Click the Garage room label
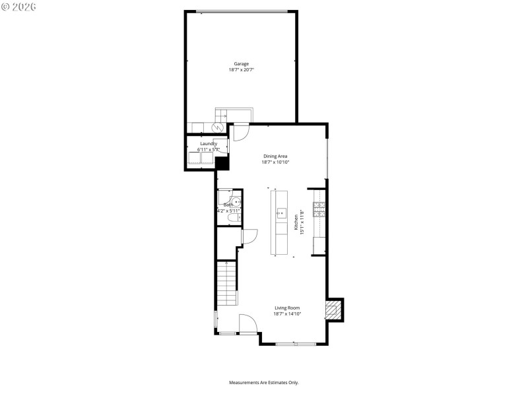click(241, 63)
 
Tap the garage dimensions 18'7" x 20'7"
click(241, 69)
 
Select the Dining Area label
click(275, 156)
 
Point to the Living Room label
click(287, 308)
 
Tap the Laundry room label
click(209, 143)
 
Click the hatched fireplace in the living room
click(335, 309)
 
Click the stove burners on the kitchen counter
click(319, 210)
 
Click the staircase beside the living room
click(226, 284)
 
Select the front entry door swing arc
click(247, 323)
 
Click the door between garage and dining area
click(241, 133)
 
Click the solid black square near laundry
click(222, 162)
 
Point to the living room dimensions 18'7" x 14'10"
click(287, 313)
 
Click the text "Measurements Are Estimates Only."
click(264, 383)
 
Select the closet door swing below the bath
click(249, 237)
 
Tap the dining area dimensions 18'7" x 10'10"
click(275, 162)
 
